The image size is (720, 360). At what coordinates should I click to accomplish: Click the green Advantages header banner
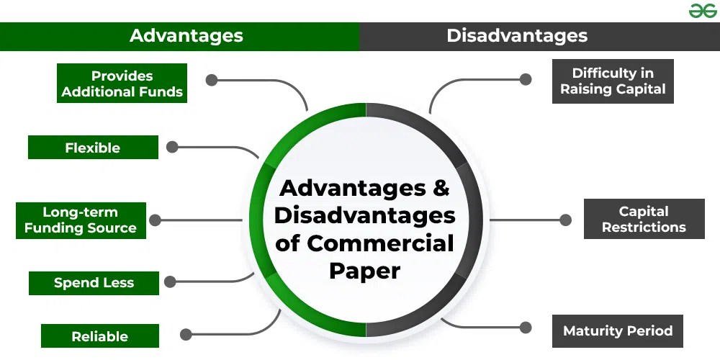[x=186, y=35]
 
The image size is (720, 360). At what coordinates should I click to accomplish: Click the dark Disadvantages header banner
[x=517, y=35]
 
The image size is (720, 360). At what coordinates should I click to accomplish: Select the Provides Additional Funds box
[x=122, y=84]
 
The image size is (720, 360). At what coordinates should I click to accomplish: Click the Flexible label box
[x=93, y=148]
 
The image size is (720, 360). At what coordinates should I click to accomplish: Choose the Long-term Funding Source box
[x=80, y=220]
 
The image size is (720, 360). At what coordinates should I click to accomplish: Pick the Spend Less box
[x=94, y=283]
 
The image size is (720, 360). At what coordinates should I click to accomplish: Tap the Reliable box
[x=99, y=336]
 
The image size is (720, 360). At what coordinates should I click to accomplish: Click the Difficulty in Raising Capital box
[x=613, y=81]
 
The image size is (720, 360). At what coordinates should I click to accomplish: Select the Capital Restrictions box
[x=644, y=219]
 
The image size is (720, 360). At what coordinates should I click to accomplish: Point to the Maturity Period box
[x=617, y=331]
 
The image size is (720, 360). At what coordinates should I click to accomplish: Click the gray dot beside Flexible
[x=172, y=147]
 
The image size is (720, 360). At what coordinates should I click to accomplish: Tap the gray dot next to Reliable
[x=186, y=334]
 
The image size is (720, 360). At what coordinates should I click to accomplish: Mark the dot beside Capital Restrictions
[x=565, y=220]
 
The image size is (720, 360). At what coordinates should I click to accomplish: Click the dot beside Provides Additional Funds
[x=211, y=80]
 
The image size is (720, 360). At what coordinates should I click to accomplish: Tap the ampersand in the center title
[x=441, y=189]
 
